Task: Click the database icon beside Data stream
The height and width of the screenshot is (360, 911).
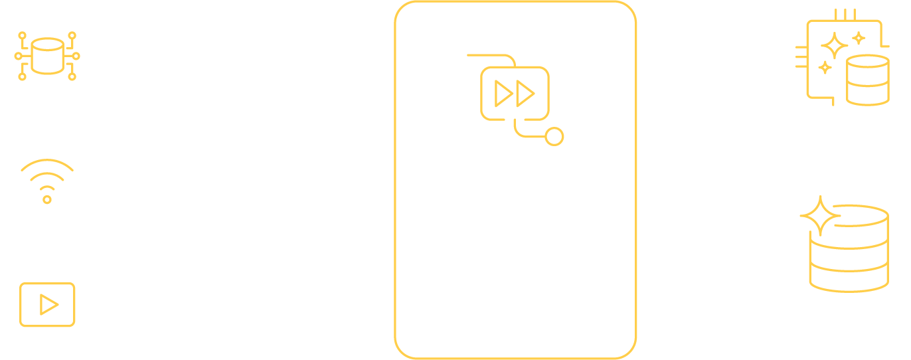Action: coord(46,55)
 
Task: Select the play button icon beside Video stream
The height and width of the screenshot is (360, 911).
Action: coord(47,305)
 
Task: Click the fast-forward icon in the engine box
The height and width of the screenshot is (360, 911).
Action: coord(515,94)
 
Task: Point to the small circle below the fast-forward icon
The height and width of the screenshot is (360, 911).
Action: coord(554,137)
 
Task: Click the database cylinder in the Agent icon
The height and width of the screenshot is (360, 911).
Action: coord(867,80)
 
